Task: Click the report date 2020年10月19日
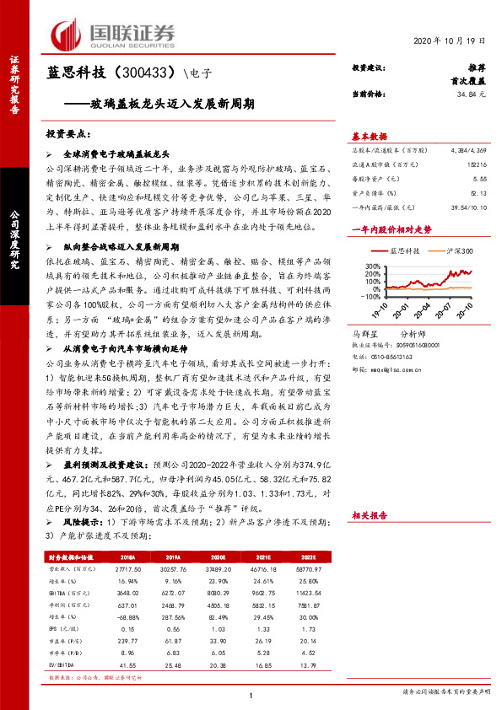(451, 41)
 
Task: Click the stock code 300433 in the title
(148, 73)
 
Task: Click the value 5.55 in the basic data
(480, 180)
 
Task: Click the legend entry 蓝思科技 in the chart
(399, 251)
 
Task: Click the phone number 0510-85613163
(393, 357)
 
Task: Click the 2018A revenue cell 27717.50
(123, 571)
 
